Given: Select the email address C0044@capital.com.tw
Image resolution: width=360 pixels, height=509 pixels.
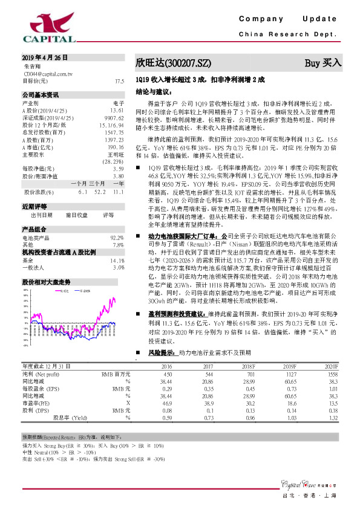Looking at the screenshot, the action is coord(48,73).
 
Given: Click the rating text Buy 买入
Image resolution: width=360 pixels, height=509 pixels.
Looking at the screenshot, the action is coord(323,62).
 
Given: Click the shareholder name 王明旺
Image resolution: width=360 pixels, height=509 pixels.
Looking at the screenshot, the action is coord(115,154).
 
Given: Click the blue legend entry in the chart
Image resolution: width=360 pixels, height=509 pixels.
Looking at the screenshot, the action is coord(85,291).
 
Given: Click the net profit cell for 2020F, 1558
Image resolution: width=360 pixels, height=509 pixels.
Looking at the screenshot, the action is coord(330,375).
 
